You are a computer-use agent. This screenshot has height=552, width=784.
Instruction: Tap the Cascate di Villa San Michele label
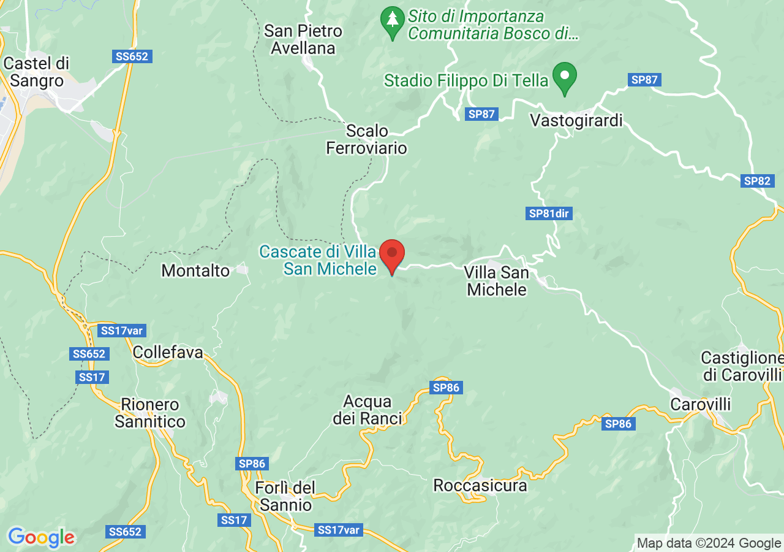pyautogui.click(x=318, y=260)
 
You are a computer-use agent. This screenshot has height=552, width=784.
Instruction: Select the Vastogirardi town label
pyautogui.click(x=576, y=120)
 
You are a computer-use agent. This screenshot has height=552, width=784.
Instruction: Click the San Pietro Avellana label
pyautogui.click(x=303, y=39)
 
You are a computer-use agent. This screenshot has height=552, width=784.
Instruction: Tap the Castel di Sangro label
pyautogui.click(x=37, y=72)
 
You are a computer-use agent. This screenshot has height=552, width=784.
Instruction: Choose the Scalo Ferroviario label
pyautogui.click(x=366, y=139)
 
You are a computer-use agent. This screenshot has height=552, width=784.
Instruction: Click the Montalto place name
pyautogui.click(x=195, y=270)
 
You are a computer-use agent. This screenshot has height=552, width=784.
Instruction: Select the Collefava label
pyautogui.click(x=168, y=352)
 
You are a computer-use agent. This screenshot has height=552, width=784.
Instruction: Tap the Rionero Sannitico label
pyautogui.click(x=150, y=413)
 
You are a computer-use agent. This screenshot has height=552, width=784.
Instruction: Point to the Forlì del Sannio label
pyautogui.click(x=286, y=496)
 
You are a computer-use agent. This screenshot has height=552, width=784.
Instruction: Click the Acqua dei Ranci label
pyautogui.click(x=367, y=410)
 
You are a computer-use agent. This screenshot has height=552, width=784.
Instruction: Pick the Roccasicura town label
pyautogui.click(x=480, y=485)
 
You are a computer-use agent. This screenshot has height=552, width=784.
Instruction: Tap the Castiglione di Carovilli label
pyautogui.click(x=742, y=366)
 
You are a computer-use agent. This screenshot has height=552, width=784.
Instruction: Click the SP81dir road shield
pyautogui.click(x=549, y=213)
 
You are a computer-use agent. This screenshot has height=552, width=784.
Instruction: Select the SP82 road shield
pyautogui.click(x=757, y=181)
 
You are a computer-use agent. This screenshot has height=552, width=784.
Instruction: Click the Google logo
pyautogui.click(x=41, y=538)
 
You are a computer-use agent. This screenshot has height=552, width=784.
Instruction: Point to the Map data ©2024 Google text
pyautogui.click(x=709, y=543)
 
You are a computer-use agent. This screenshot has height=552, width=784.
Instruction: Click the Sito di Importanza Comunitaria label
pyautogui.click(x=493, y=24)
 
